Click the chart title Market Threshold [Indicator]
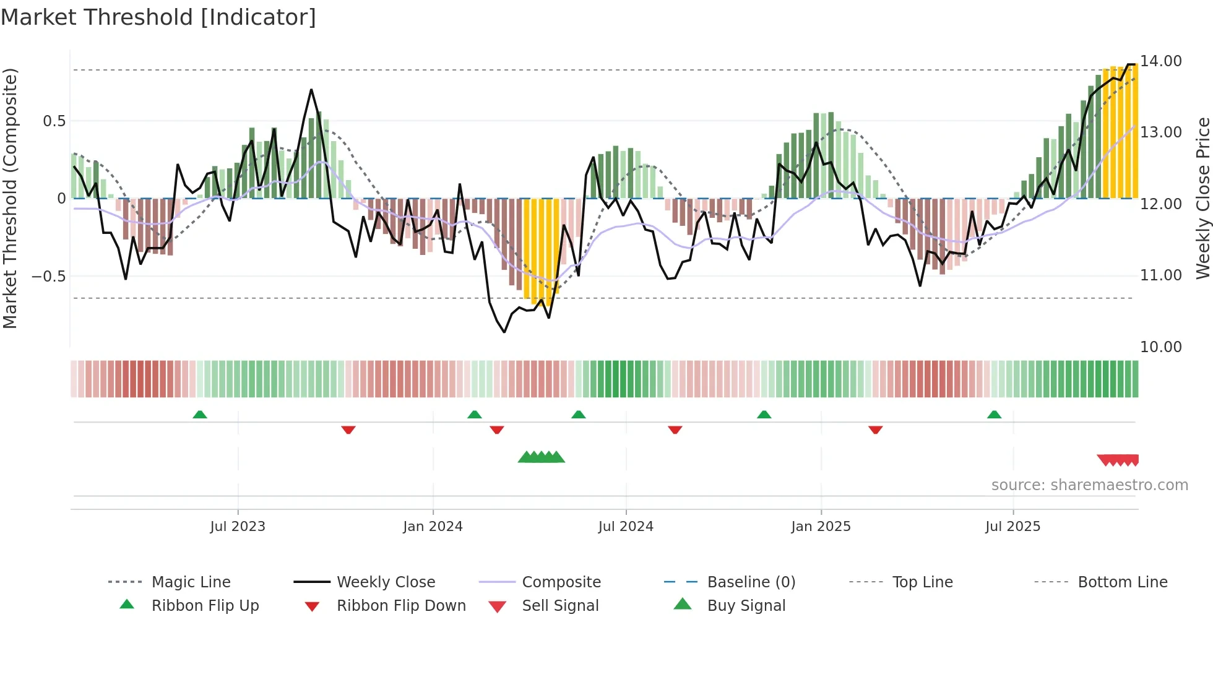click(x=158, y=17)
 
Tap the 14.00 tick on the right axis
click(x=1160, y=61)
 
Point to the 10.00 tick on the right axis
click(x=1160, y=347)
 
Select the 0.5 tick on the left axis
click(x=54, y=121)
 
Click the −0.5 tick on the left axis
click(x=49, y=276)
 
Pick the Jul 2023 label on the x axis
click(x=238, y=527)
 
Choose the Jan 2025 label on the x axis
click(x=821, y=527)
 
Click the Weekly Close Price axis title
click(x=1202, y=198)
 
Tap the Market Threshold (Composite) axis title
click(x=10, y=198)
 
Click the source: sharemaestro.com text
click(x=1089, y=485)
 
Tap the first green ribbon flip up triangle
click(x=200, y=415)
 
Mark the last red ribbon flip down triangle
click(x=875, y=429)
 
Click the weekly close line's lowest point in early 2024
click(x=504, y=332)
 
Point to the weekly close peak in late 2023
click(x=311, y=90)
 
